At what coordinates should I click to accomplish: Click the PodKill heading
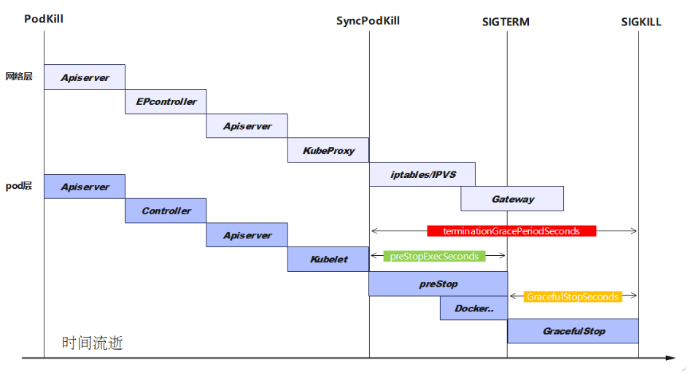(x=44, y=19)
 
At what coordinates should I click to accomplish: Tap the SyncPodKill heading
(x=368, y=20)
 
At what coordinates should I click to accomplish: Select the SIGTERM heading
(x=506, y=22)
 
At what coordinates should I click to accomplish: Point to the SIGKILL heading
(x=641, y=22)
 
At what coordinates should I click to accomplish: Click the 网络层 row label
(x=19, y=76)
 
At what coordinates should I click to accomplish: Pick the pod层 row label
(x=19, y=186)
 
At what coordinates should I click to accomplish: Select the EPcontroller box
(x=166, y=101)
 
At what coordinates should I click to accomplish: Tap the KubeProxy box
(x=328, y=150)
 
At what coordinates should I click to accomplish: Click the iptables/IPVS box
(x=422, y=174)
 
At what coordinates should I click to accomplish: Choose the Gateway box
(x=512, y=198)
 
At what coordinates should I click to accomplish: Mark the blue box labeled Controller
(x=166, y=211)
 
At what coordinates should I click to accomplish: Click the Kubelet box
(x=328, y=259)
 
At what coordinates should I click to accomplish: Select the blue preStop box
(x=438, y=284)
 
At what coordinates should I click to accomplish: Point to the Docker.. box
(x=474, y=308)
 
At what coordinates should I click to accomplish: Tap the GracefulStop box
(x=573, y=331)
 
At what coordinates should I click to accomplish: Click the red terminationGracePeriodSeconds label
(x=511, y=231)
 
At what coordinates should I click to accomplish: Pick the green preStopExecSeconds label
(x=434, y=256)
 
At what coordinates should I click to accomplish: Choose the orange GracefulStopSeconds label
(x=573, y=297)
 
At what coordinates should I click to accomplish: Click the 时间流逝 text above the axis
(x=93, y=343)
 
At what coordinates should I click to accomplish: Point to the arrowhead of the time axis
(x=671, y=358)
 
